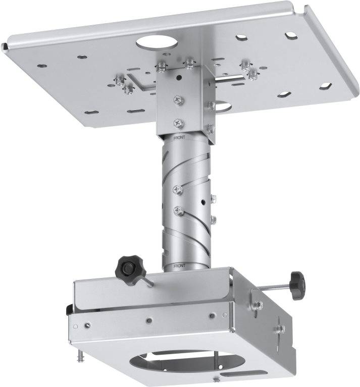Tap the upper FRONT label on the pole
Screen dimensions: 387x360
[x=180, y=137]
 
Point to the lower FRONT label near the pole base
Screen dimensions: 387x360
[x=179, y=265]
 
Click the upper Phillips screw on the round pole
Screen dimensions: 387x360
[x=177, y=189]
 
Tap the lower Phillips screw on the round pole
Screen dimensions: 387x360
[x=177, y=210]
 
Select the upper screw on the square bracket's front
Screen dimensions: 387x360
[x=177, y=100]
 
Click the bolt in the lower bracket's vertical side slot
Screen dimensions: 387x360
[x=277, y=328]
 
